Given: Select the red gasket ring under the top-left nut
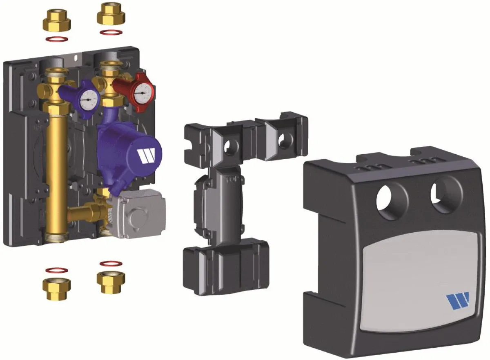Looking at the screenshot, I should (56, 40).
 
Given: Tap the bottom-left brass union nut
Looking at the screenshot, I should (56, 289).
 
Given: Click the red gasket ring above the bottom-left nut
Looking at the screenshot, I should (56, 270).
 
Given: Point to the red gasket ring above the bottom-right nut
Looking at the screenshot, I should (110, 263).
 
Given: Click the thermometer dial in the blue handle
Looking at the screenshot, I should (89, 98).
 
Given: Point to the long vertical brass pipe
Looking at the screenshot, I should (56, 171).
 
